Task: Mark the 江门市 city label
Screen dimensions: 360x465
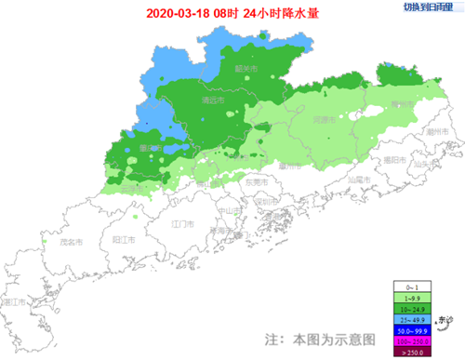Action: point(183,225)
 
